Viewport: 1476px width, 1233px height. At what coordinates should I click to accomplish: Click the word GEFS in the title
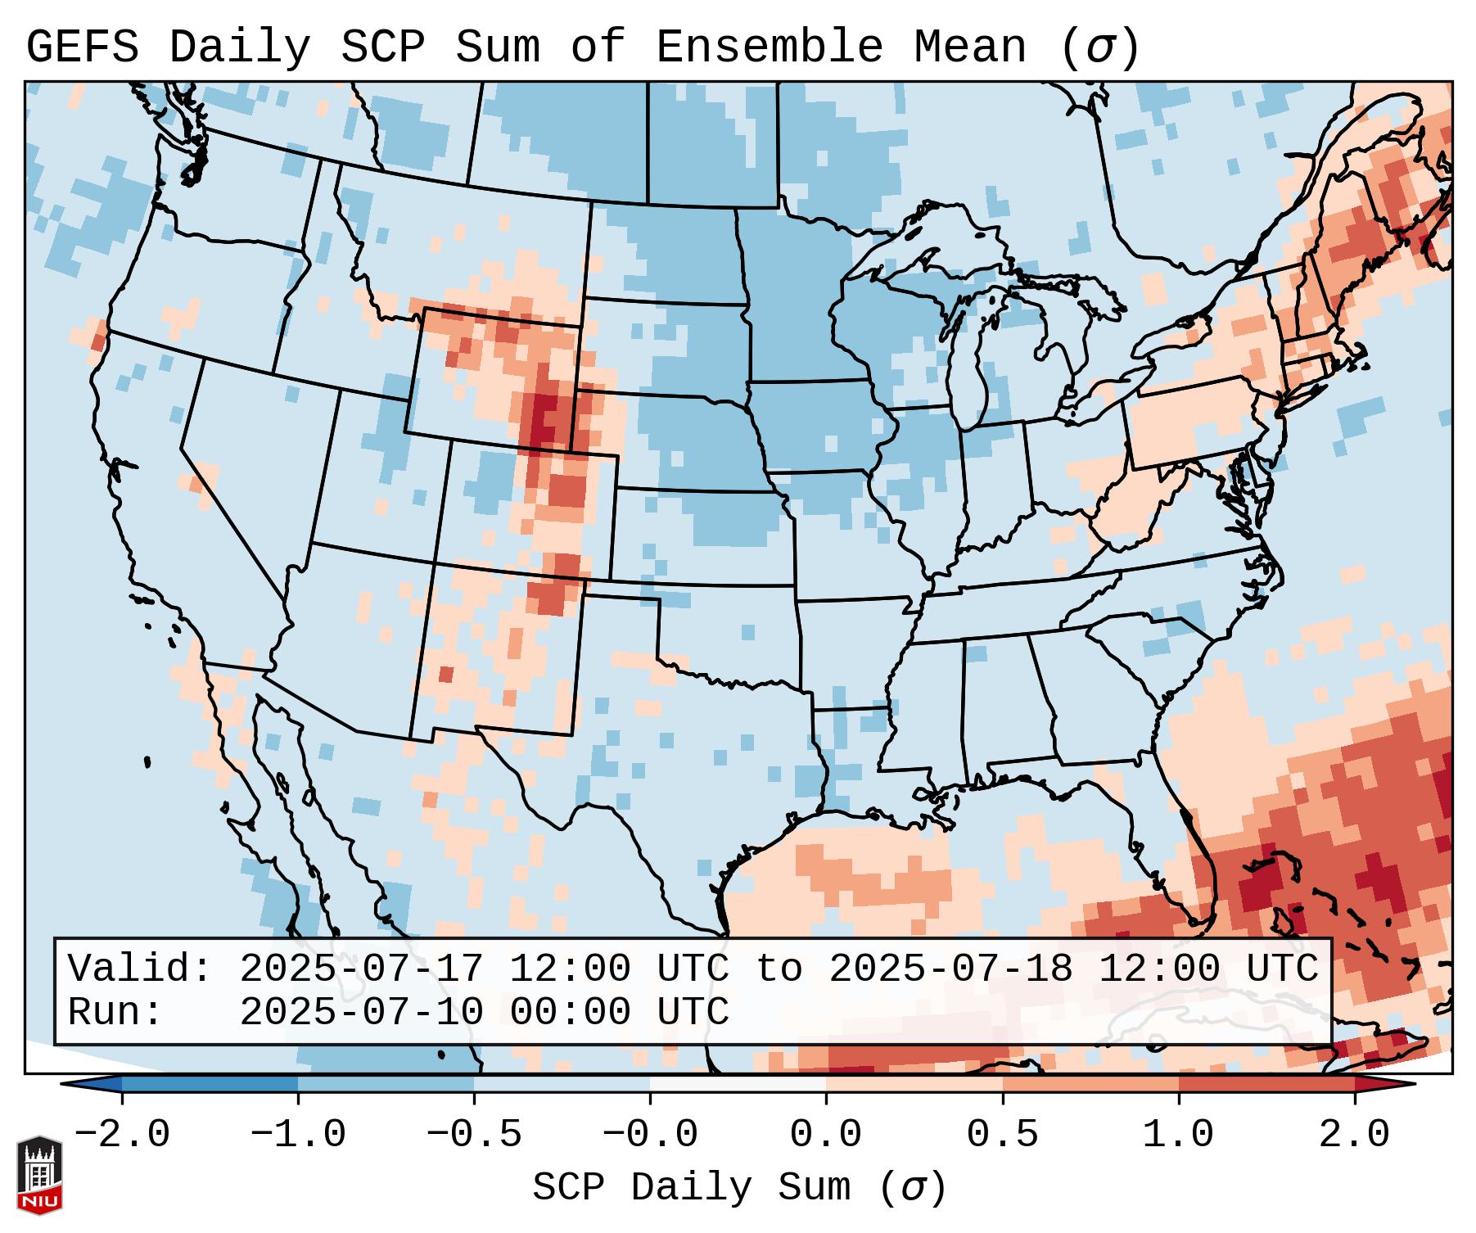pyautogui.click(x=82, y=47)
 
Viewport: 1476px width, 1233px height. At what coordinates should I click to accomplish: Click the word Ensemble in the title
pyautogui.click(x=770, y=47)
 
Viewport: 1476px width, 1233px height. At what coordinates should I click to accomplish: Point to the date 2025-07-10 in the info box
pyautogui.click(x=361, y=1012)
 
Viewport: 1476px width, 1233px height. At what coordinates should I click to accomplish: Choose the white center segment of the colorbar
pyautogui.click(x=738, y=1084)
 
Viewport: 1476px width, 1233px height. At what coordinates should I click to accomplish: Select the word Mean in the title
pyautogui.click(x=970, y=47)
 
